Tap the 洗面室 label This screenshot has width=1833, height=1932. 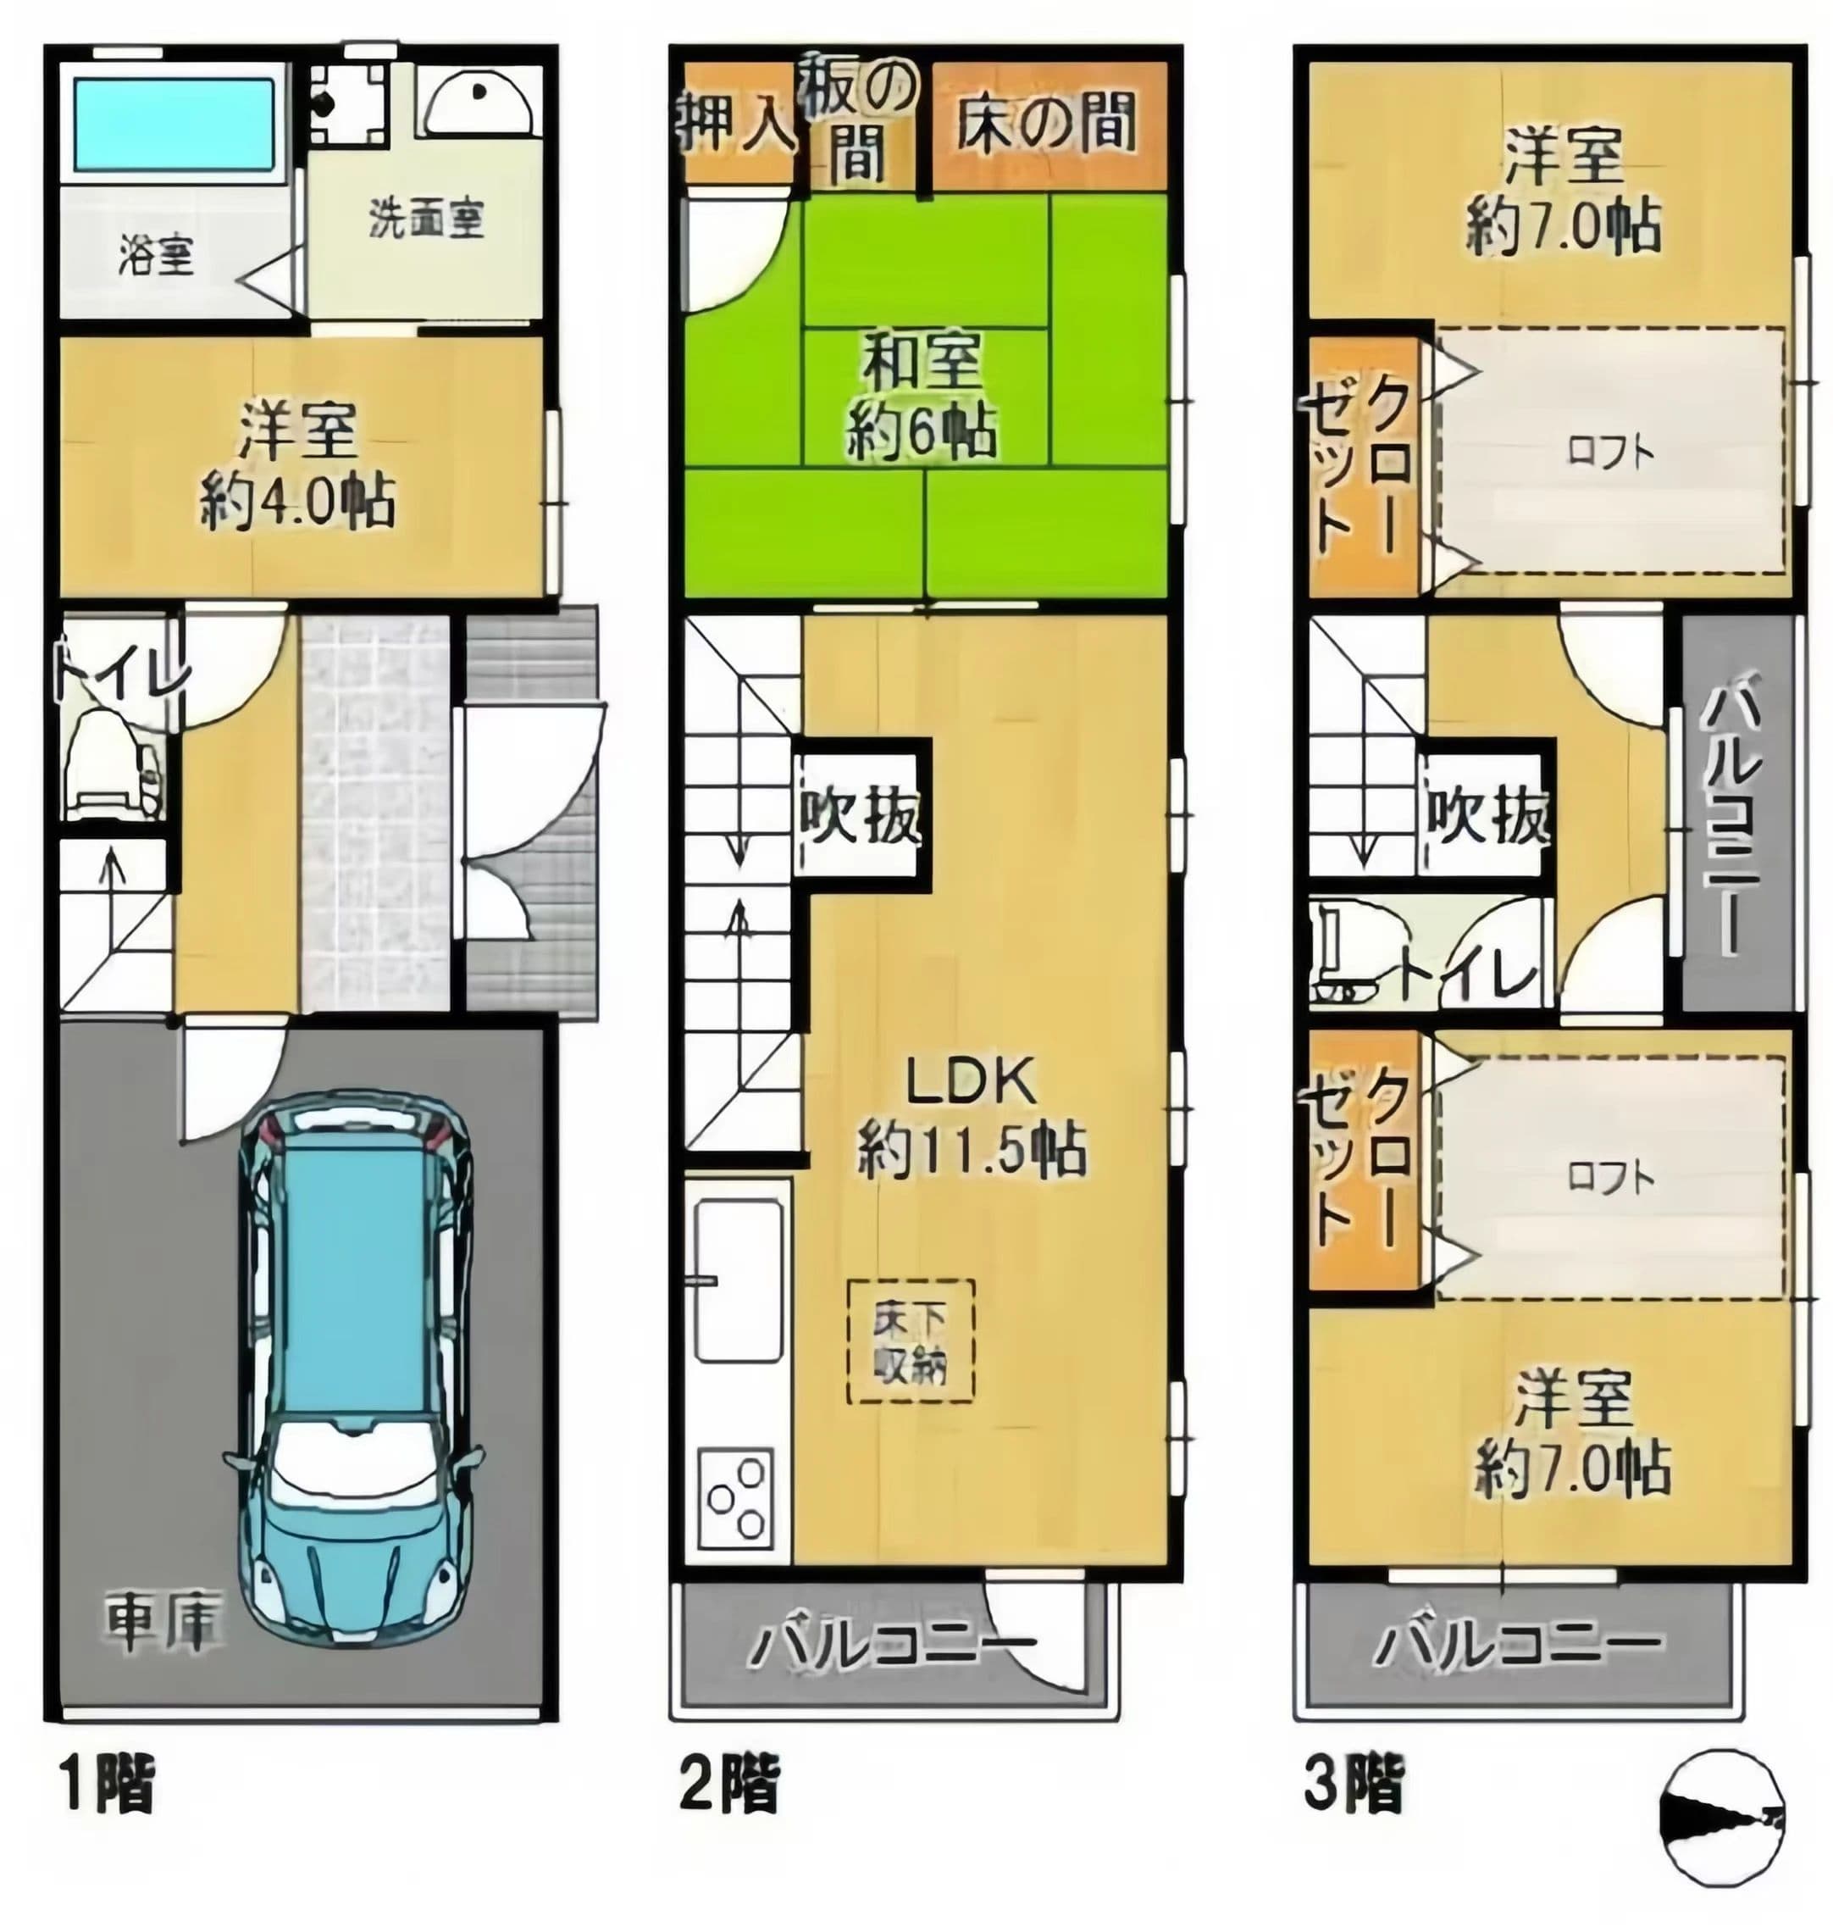[x=426, y=219]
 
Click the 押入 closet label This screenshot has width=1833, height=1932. [x=737, y=124]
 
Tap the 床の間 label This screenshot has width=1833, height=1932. [x=1045, y=124]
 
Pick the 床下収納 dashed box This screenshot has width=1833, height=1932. [x=910, y=1341]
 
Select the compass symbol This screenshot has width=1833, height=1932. [x=1723, y=1811]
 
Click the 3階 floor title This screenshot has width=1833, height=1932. [x=1354, y=1784]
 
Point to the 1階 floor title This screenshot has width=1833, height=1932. [x=108, y=1784]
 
